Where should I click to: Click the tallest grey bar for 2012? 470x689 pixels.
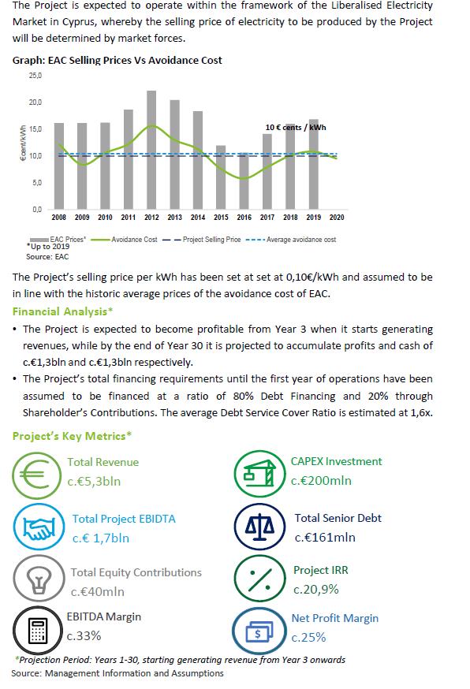(151, 150)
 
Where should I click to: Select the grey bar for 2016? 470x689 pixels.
(244, 181)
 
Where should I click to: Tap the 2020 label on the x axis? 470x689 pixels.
(337, 217)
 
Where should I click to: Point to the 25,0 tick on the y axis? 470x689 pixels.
(35, 76)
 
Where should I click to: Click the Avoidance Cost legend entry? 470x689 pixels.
(125, 240)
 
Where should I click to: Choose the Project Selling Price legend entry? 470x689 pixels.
(201, 240)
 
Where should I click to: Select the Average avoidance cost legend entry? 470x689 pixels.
(291, 240)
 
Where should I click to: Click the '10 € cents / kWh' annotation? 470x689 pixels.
(296, 128)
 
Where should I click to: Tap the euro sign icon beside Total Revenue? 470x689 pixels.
(37, 476)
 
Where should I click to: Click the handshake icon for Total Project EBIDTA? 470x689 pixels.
(39, 527)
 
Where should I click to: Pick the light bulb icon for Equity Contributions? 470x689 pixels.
(39, 579)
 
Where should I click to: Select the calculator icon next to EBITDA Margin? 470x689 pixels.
(37, 630)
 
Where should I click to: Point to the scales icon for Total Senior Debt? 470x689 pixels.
(260, 527)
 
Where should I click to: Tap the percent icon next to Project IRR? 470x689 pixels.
(260, 579)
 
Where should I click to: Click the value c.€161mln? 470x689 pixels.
(325, 538)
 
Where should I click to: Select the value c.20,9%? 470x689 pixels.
(316, 590)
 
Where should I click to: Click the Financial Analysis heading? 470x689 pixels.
(62, 311)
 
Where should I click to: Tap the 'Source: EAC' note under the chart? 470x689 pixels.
(47, 257)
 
